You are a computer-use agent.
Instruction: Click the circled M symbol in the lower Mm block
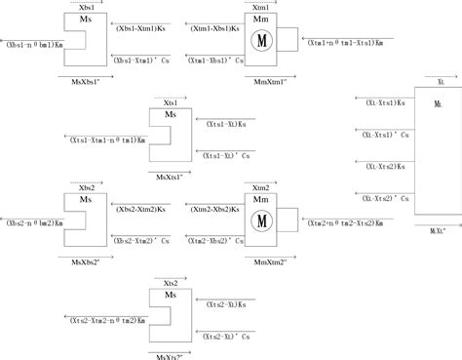click(260, 220)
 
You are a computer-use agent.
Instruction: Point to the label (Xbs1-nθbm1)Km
click(34, 44)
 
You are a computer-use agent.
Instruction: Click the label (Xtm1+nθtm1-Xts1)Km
click(344, 44)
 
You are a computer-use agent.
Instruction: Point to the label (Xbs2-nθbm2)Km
click(34, 223)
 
